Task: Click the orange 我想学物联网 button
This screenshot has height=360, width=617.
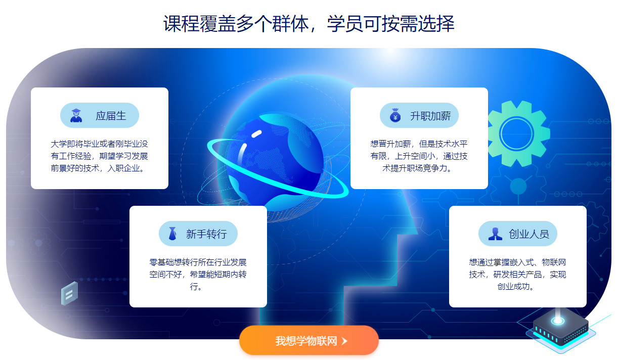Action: [x=308, y=340]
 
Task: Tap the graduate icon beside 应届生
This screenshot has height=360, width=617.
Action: [x=76, y=115]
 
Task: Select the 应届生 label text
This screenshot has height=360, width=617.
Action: [x=111, y=116]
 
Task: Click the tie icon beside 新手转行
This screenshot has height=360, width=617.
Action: [x=173, y=234]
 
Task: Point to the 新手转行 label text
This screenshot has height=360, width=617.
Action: [x=206, y=234]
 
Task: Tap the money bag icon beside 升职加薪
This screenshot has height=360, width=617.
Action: [x=395, y=115]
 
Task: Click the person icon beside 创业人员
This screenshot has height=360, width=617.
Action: [x=495, y=234]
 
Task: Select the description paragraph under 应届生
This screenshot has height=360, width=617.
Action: [x=100, y=156]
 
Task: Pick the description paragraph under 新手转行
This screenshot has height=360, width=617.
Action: [x=198, y=275]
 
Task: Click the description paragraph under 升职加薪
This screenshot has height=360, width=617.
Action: [x=419, y=156]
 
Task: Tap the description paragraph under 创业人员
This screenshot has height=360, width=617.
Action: [x=517, y=275]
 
